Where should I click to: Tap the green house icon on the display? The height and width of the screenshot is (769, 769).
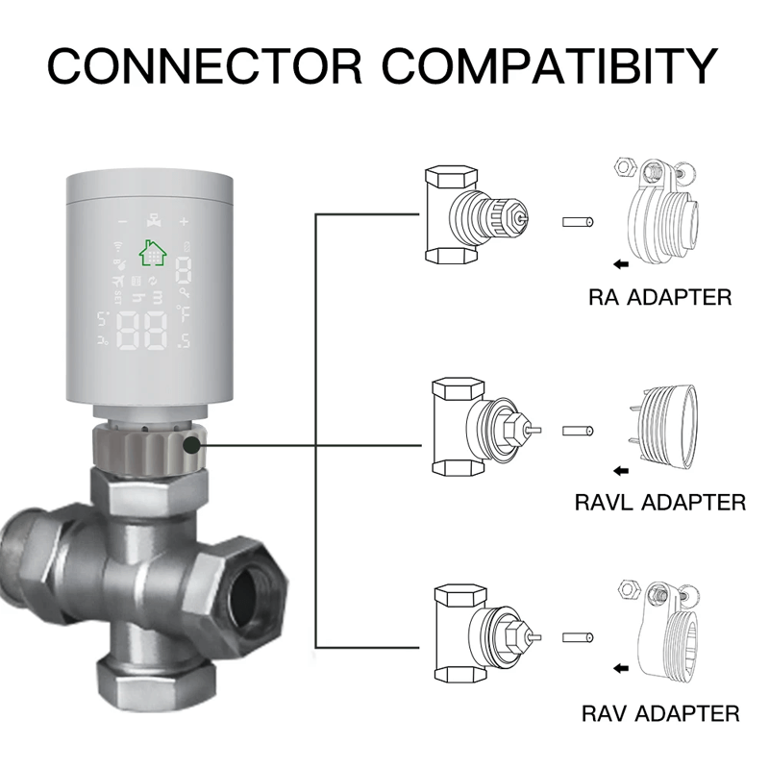(x=152, y=252)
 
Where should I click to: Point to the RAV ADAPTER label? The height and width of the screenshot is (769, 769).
(x=660, y=713)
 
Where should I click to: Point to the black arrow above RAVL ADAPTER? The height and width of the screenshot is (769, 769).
(x=624, y=471)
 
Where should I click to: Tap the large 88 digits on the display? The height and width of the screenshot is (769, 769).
(x=140, y=332)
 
